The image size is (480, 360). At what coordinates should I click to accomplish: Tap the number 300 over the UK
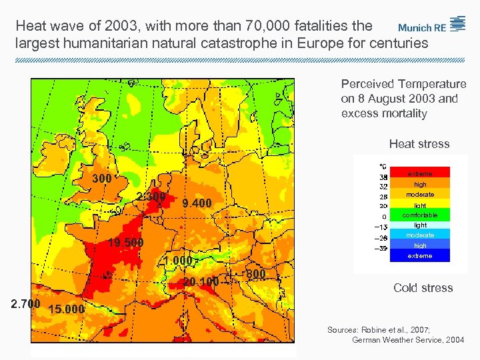101,179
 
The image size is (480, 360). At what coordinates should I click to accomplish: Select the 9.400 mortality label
197,203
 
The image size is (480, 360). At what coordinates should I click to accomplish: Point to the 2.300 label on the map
151,197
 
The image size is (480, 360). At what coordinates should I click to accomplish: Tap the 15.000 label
67,309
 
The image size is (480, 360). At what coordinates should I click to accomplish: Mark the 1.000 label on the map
177,261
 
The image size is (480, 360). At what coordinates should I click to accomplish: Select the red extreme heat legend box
420,173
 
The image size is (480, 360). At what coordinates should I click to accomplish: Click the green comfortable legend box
420,215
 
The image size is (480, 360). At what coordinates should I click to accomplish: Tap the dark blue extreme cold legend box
420,255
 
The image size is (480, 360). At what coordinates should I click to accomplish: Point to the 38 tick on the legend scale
383,177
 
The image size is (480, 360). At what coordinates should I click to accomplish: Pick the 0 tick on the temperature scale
383,217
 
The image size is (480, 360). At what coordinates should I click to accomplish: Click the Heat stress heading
419,144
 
